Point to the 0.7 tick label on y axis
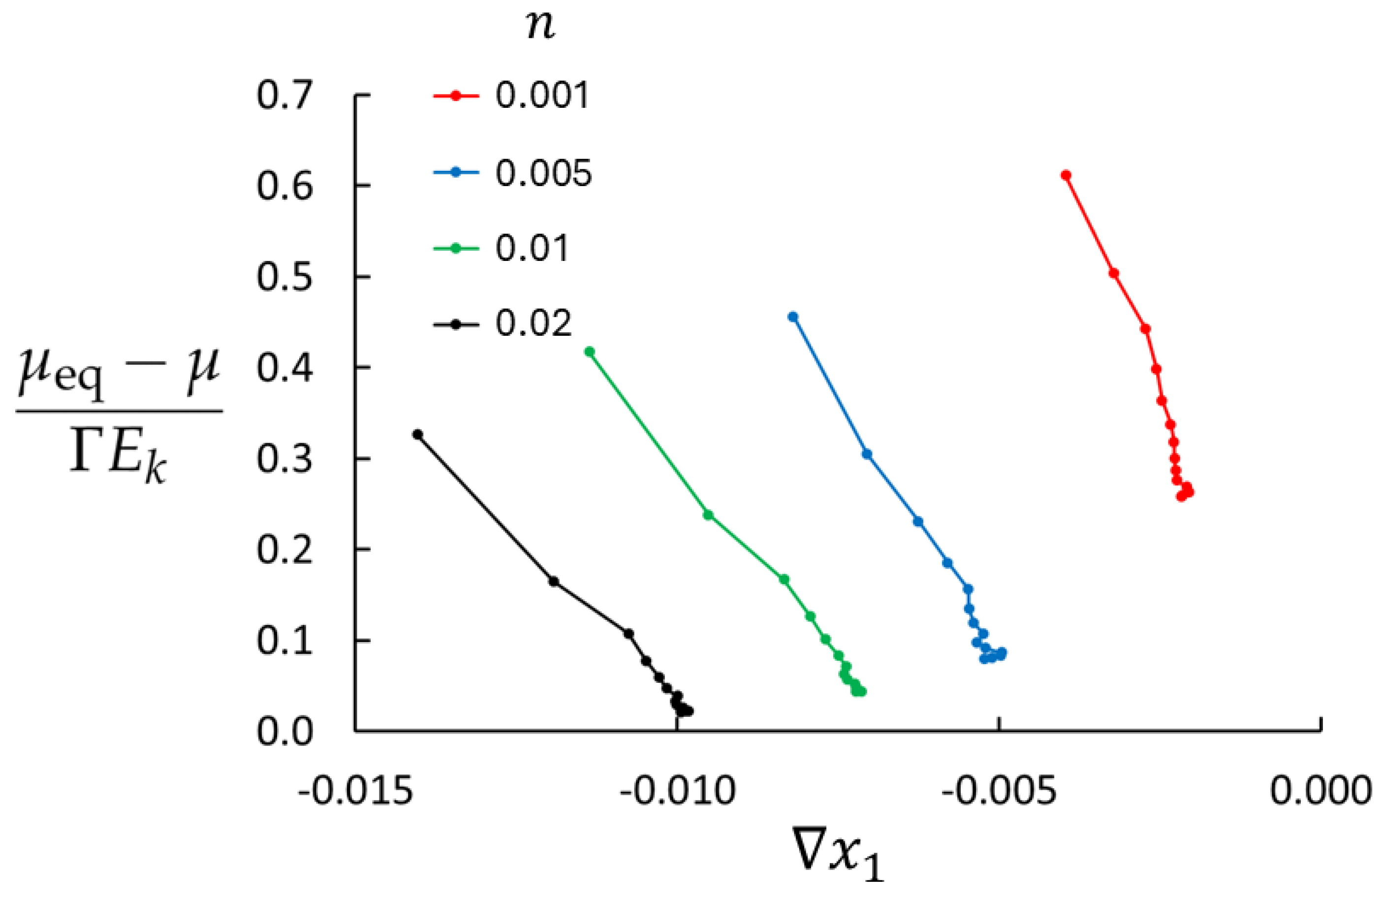tap(284, 96)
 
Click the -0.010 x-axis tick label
tap(677, 791)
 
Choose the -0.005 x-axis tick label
tap(999, 791)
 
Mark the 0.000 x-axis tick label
tap(1320, 791)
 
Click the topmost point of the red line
tap(1066, 175)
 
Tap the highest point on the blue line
tap(792, 317)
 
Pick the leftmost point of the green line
tap(590, 352)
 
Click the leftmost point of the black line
tap(417, 434)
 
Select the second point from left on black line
tap(553, 581)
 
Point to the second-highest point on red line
tap(1114, 273)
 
